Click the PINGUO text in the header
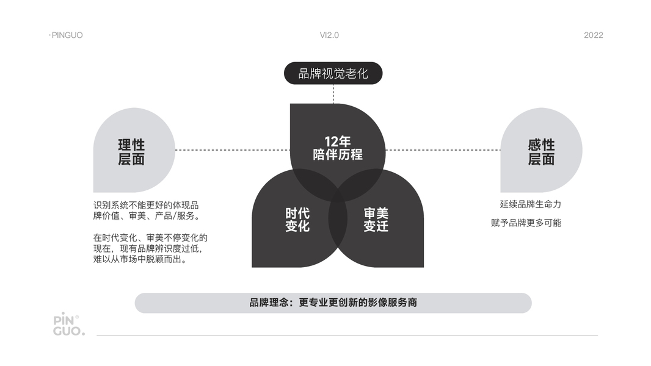click(x=67, y=35)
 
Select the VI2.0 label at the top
click(x=329, y=35)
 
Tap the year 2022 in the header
click(x=593, y=35)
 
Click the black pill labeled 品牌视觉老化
click(x=333, y=74)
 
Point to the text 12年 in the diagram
click(x=337, y=141)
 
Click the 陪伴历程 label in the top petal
click(x=337, y=154)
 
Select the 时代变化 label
click(x=297, y=220)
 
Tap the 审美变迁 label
click(x=376, y=220)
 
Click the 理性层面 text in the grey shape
click(x=131, y=152)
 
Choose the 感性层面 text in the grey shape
click(x=541, y=152)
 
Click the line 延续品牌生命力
click(x=530, y=204)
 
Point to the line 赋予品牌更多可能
click(x=526, y=223)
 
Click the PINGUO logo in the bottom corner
click(x=68, y=325)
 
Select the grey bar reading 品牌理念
click(x=333, y=303)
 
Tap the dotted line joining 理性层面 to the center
click(x=232, y=149)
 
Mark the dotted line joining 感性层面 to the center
click(x=443, y=149)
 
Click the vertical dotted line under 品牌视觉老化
click(x=333, y=94)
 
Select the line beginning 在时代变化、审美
click(x=150, y=238)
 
